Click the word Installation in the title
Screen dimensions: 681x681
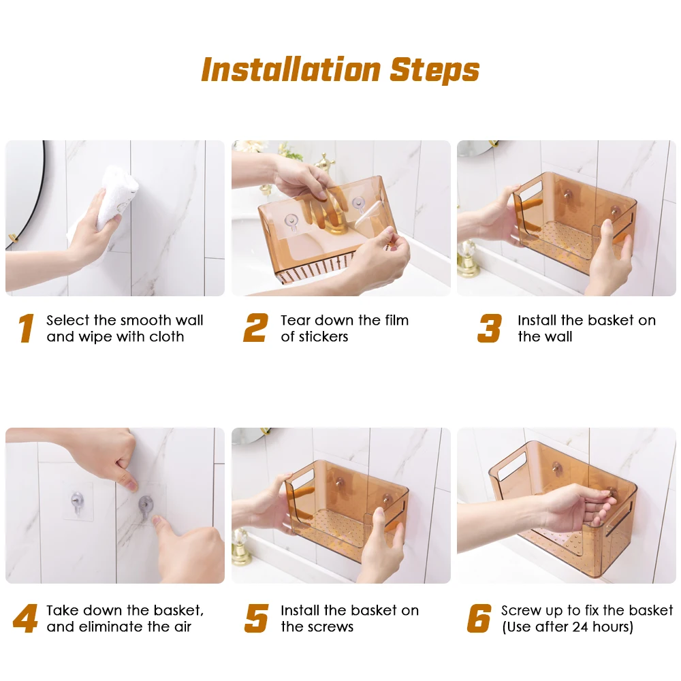coord(291,69)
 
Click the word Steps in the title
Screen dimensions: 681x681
coord(434,70)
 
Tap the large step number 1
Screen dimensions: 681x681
coord(26,328)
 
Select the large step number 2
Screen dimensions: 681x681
coord(255,328)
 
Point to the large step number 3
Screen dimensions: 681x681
coord(490,328)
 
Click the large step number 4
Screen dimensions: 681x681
coord(25,618)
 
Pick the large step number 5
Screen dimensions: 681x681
coord(257,618)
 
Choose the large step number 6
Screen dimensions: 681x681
coord(479,618)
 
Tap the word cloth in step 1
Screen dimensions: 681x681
coord(167,336)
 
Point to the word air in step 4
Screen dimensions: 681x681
coord(182,627)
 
